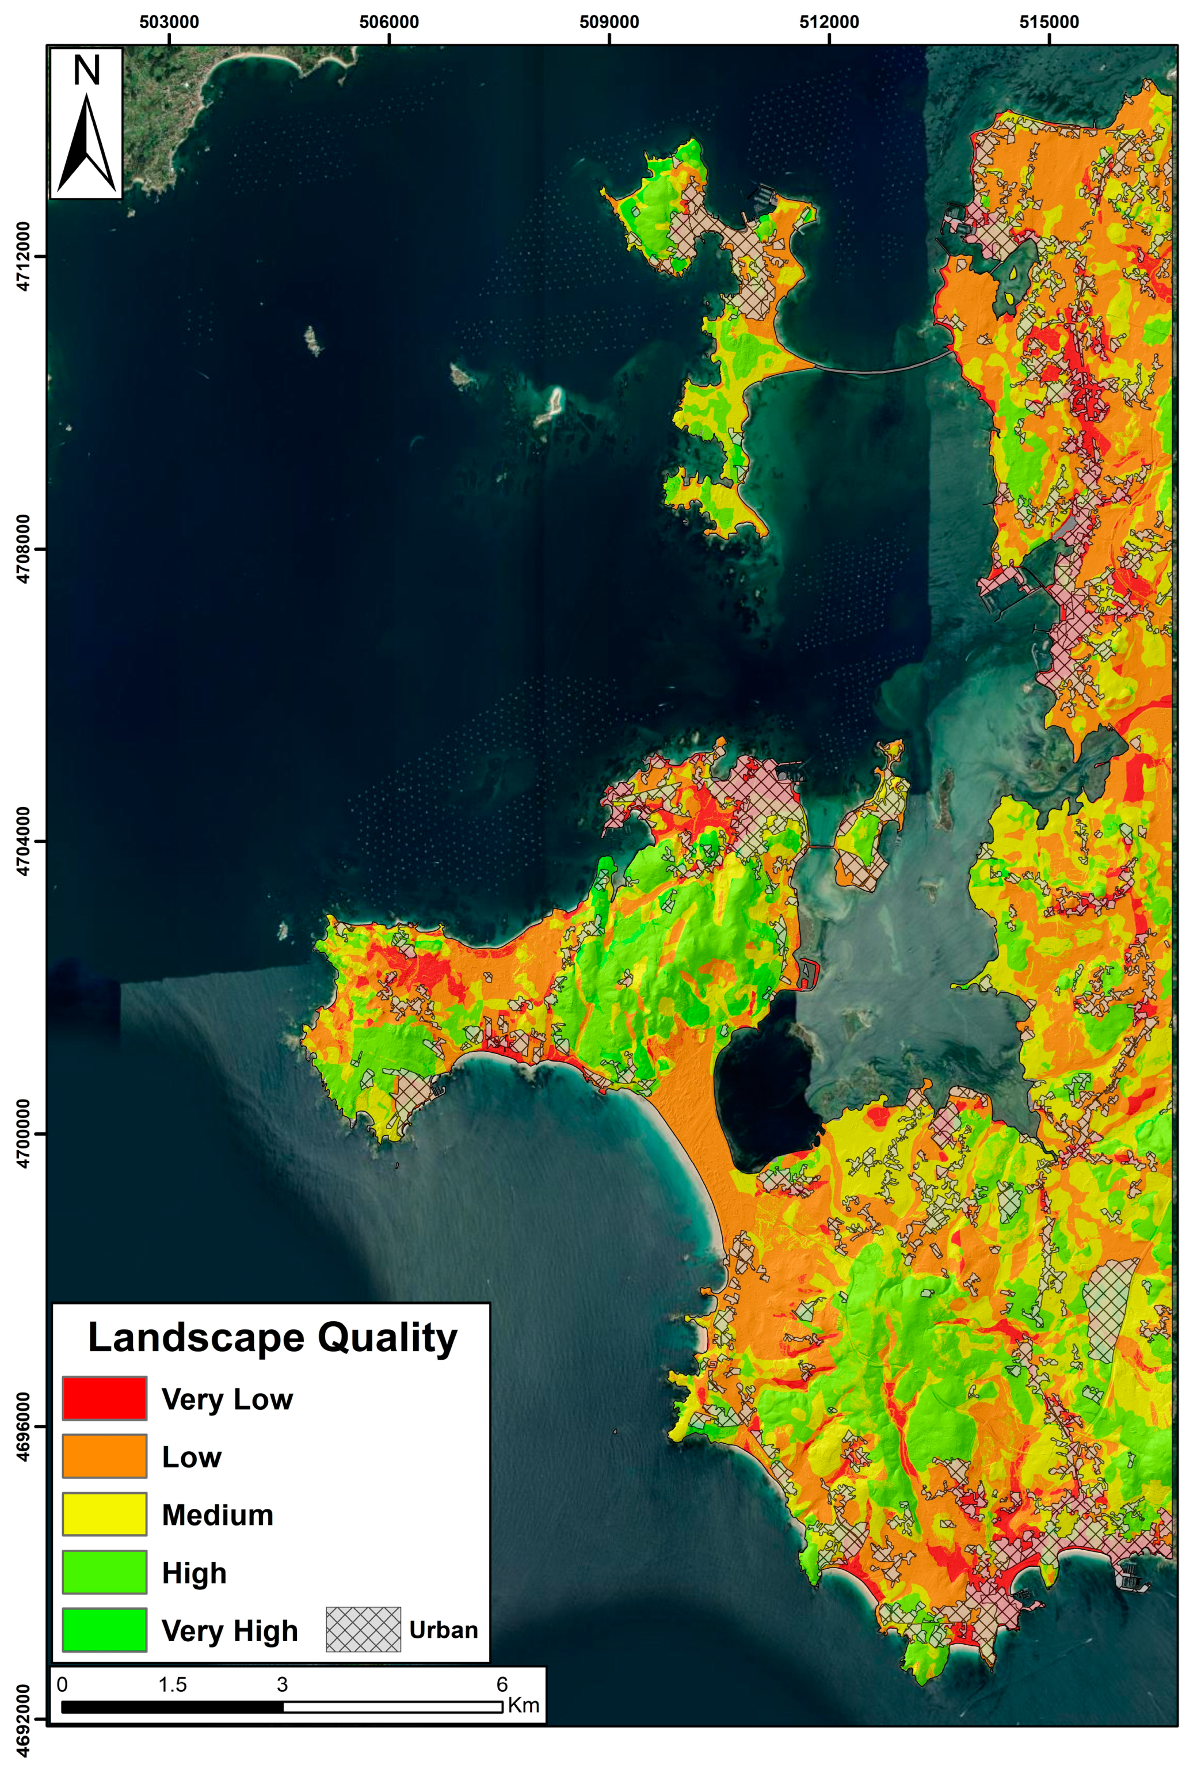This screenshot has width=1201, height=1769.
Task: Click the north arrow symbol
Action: pyautogui.click(x=87, y=144)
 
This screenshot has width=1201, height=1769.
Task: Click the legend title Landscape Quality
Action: pyautogui.click(x=272, y=1337)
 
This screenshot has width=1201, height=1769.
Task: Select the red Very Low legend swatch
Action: pyautogui.click(x=104, y=1398)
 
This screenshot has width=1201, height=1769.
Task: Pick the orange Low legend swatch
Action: pyautogui.click(x=104, y=1456)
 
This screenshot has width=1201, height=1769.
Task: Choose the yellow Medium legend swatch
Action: pyautogui.click(x=104, y=1514)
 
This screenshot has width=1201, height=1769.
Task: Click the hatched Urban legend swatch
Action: pyautogui.click(x=363, y=1630)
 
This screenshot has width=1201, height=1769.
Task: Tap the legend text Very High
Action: pyautogui.click(x=229, y=1630)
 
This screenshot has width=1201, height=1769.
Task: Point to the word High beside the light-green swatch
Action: pyautogui.click(x=194, y=1573)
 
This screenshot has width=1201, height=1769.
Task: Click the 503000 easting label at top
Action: pyautogui.click(x=169, y=22)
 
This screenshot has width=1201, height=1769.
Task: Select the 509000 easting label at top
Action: pyautogui.click(x=609, y=22)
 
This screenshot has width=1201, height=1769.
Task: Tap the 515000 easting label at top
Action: pyautogui.click(x=1049, y=22)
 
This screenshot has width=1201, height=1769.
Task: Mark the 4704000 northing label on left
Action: pyautogui.click(x=23, y=841)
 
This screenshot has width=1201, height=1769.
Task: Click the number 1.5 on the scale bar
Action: pyautogui.click(x=172, y=1684)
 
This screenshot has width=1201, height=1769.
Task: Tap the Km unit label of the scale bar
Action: pyautogui.click(x=524, y=1705)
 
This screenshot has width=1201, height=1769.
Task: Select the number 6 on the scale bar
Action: pyautogui.click(x=502, y=1684)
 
